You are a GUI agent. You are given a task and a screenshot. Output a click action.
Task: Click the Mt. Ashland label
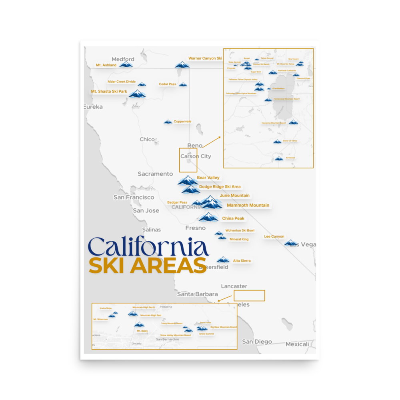[106, 65]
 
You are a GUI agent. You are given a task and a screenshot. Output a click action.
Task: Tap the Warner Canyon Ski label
[205, 58]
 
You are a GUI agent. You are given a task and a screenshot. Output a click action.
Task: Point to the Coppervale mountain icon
[168, 122]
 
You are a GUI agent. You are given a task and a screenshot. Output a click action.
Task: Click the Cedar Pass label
[167, 84]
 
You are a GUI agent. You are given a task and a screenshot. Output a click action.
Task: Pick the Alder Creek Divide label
[122, 82]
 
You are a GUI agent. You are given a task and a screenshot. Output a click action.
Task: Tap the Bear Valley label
[208, 178]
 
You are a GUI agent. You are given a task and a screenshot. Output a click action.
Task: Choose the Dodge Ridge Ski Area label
[220, 187]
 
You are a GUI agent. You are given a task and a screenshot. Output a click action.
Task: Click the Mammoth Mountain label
[248, 205]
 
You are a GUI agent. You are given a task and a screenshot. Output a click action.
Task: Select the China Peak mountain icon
[208, 217]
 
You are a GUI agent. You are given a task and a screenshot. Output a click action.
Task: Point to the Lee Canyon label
[274, 236]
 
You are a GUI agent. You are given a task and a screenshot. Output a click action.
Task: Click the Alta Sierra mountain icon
[223, 260]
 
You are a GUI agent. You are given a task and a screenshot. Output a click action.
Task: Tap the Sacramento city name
[155, 174]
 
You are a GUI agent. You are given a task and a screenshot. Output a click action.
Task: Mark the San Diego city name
[257, 342]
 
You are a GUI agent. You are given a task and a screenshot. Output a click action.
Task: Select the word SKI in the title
[108, 266]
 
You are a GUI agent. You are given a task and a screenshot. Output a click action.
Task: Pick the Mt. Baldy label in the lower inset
[142, 331]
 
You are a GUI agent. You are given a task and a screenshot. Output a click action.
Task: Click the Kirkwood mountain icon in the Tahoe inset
[279, 159]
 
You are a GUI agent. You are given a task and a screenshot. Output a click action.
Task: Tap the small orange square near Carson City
[188, 160]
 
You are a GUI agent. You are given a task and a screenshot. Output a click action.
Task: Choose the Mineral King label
[239, 239]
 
